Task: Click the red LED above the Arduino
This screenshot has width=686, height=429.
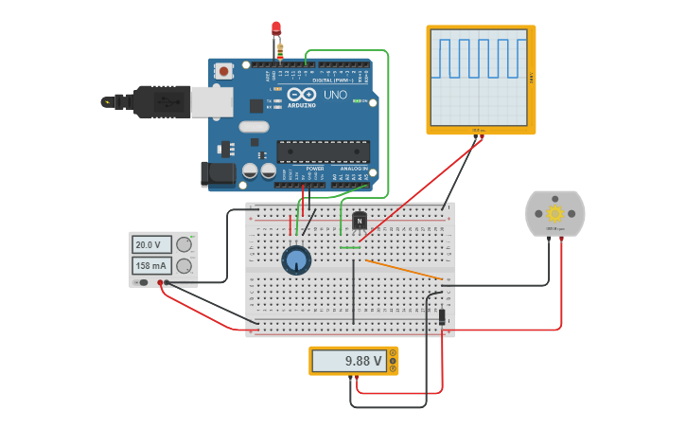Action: (x=276, y=28)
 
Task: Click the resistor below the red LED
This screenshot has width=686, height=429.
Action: (x=279, y=50)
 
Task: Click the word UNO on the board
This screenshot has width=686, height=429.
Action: (x=335, y=95)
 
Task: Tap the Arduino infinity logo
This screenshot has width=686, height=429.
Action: (x=302, y=95)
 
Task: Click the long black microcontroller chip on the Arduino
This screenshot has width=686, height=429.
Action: (x=323, y=152)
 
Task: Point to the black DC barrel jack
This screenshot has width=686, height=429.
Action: (x=218, y=173)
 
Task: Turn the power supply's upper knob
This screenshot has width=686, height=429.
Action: (x=185, y=244)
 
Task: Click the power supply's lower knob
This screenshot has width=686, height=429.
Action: (x=185, y=266)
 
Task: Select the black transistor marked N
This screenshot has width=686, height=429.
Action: (x=360, y=221)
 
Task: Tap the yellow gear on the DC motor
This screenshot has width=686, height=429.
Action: (x=555, y=213)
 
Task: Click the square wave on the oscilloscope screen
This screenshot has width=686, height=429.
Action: (x=478, y=59)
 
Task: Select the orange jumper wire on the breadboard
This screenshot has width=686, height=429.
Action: (x=403, y=269)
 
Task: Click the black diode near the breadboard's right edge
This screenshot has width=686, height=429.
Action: (x=442, y=316)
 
